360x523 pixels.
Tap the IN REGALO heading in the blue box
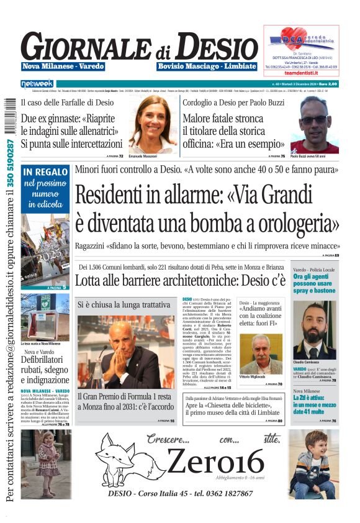tap(45, 171)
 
